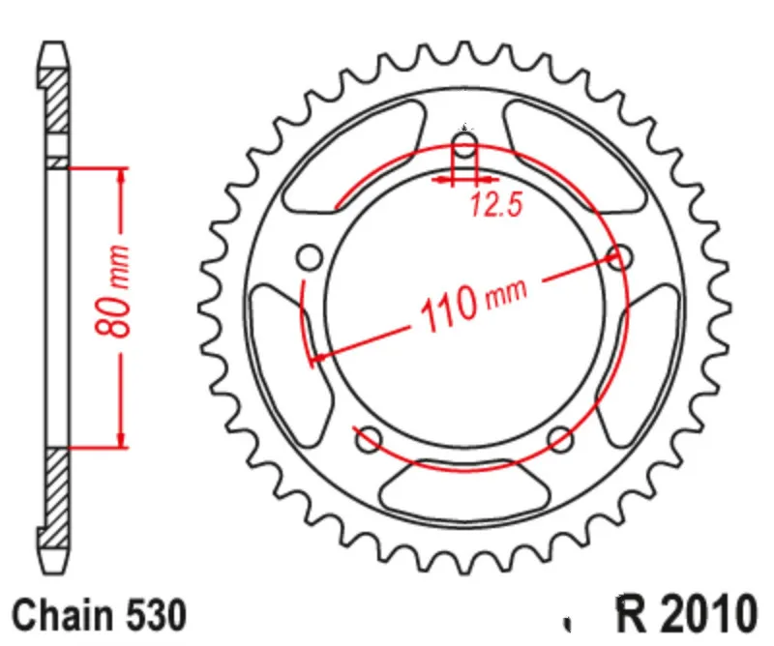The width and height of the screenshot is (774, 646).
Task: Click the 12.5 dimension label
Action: coord(496,205)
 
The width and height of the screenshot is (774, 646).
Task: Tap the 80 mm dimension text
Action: coord(112,292)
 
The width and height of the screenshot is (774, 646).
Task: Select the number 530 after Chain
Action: coord(157,615)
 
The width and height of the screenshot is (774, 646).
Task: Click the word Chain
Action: coord(62,615)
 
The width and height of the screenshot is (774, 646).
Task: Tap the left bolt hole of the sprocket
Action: coord(310,257)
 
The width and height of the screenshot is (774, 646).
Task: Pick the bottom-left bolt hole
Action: coord(370,439)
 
